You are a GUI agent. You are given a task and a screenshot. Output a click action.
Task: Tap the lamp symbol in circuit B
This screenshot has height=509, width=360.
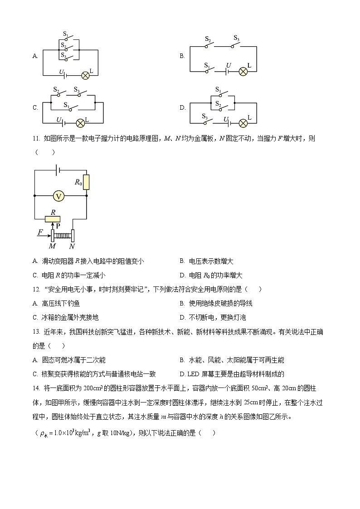[243, 71]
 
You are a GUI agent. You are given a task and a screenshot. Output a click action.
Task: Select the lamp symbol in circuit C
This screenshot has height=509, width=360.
[81, 123]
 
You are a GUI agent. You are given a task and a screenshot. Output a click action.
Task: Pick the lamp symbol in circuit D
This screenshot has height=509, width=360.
[243, 123]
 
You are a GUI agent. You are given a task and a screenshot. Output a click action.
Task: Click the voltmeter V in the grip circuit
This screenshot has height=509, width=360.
[58, 196]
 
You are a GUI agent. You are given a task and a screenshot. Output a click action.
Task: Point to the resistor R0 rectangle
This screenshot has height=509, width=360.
[86, 182]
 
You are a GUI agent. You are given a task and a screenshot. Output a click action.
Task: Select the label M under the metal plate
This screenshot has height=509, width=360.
[52, 246]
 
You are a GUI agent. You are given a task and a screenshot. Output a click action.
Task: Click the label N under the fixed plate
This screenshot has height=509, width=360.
[72, 246]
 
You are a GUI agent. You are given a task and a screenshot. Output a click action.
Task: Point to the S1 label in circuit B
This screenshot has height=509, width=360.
[207, 65]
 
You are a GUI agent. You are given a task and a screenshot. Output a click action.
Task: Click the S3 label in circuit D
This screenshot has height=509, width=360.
[205, 116]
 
